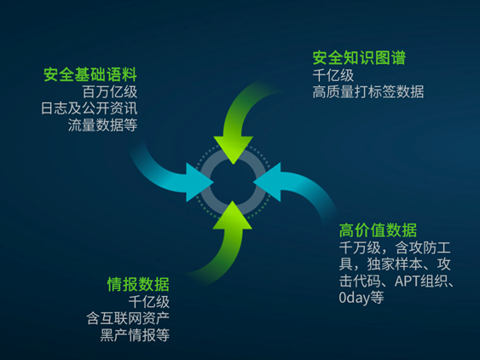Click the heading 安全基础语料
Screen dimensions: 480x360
point(90,74)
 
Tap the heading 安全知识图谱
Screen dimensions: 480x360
point(359,58)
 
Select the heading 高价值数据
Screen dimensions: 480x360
point(378,230)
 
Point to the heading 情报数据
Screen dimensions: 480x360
point(138,284)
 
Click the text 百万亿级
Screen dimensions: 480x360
point(110,91)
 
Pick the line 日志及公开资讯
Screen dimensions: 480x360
point(89,108)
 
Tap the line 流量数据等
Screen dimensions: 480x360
point(102,125)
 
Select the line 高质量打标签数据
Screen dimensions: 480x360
point(368,91)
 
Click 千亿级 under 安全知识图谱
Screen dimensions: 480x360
point(333,75)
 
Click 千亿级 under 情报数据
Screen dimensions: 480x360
point(149,302)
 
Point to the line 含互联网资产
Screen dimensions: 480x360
point(128,318)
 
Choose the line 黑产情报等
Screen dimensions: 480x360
point(135,335)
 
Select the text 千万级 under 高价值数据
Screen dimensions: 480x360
point(360,247)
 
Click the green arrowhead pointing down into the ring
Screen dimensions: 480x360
point(234,148)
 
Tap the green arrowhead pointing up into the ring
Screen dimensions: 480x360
point(233,217)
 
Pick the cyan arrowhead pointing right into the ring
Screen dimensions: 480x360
point(198,183)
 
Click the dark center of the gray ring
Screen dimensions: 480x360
point(234,183)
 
